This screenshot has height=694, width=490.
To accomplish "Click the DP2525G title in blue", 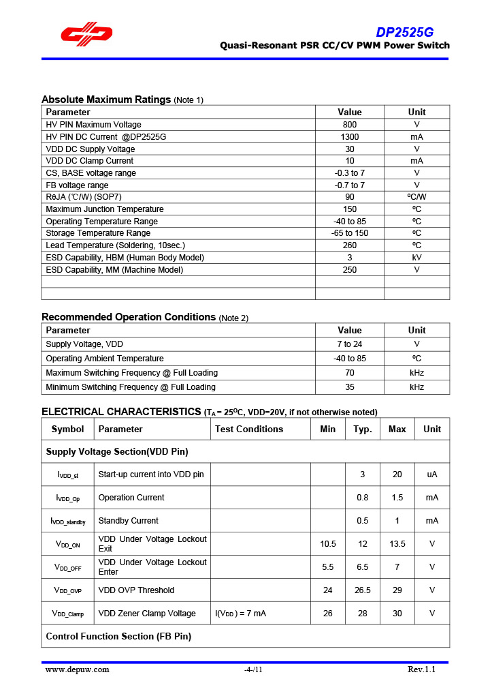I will coord(405,32).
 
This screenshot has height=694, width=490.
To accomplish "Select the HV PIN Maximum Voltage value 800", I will coord(349,125).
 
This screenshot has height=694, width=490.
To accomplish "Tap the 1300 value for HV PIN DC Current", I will coord(349,137).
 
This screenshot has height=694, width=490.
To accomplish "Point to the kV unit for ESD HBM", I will coord(416,258).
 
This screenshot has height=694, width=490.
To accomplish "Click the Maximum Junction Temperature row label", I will coord(105,209).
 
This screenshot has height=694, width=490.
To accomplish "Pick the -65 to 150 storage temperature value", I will coord(349,233).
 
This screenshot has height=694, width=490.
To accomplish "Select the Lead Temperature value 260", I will coord(349,245).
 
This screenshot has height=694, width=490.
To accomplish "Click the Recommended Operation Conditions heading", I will coord(129,317).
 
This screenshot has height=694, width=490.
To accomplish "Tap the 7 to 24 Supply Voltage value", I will coord(349,344).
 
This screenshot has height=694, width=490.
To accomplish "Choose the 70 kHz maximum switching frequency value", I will coord(349,373).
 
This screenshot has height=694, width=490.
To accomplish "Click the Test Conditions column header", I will coord(249,429).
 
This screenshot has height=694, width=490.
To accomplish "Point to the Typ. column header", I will coord(362,429).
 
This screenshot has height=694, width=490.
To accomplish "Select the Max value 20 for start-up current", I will coord(397,474).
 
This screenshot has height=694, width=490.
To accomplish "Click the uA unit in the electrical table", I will coord(431,474).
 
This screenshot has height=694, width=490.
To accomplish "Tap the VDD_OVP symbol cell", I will coord(68,590).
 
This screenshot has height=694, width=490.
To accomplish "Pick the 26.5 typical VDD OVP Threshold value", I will coord(362,590).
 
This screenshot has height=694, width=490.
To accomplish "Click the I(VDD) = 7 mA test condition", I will coord(240,614).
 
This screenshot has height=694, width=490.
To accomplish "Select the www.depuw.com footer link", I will coord(77,669).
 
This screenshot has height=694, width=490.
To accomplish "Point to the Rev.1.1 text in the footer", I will coord(421,669).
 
